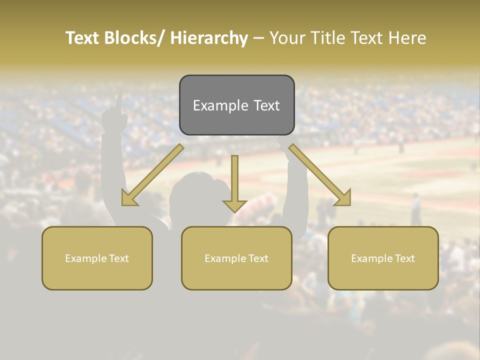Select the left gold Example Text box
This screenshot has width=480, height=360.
[97, 258]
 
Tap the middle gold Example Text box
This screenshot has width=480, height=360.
[236, 258]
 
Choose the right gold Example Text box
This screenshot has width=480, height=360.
[383, 258]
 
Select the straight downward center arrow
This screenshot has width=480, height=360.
[234, 180]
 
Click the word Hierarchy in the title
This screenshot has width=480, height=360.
[209, 38]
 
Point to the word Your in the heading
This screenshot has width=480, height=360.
[286, 38]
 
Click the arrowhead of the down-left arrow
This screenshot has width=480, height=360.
[129, 198]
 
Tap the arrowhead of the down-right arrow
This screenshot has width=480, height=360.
[343, 198]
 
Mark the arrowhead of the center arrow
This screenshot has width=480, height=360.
[234, 205]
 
